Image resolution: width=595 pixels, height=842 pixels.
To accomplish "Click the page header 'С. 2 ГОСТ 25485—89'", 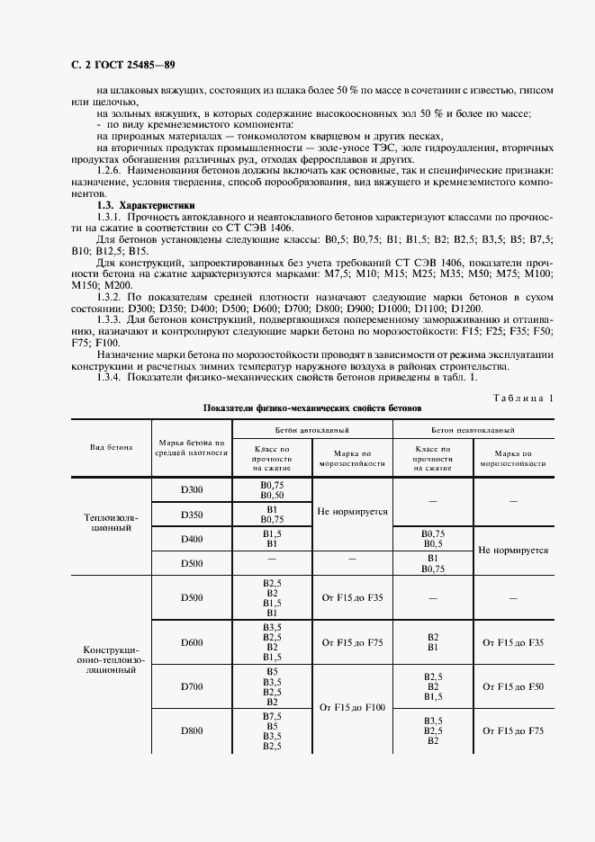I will pyautogui.click(x=117, y=65).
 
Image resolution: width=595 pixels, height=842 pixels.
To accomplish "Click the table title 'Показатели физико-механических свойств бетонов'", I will pyautogui.click(x=311, y=408).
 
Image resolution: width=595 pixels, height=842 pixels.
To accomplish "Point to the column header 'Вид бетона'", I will pyautogui.click(x=111, y=447).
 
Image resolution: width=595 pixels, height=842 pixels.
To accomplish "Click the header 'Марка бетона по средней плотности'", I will pyautogui.click(x=192, y=448).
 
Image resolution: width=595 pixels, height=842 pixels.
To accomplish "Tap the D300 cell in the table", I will pyautogui.click(x=192, y=489).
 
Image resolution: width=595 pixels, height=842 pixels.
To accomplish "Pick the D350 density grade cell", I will pyautogui.click(x=192, y=515).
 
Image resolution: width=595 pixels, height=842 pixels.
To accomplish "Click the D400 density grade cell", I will pyautogui.click(x=192, y=539).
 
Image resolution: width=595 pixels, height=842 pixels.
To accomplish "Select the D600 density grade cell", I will pyautogui.click(x=192, y=642).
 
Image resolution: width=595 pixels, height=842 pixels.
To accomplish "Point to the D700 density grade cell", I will pyautogui.click(x=192, y=686).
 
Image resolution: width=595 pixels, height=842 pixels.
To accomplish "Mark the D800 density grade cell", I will pyautogui.click(x=192, y=730).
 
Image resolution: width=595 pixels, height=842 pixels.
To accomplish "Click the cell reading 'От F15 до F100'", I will pyautogui.click(x=352, y=708).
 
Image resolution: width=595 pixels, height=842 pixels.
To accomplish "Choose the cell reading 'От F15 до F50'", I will pyautogui.click(x=513, y=686).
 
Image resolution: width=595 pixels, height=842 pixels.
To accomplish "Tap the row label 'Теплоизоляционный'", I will pyautogui.click(x=111, y=523).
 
